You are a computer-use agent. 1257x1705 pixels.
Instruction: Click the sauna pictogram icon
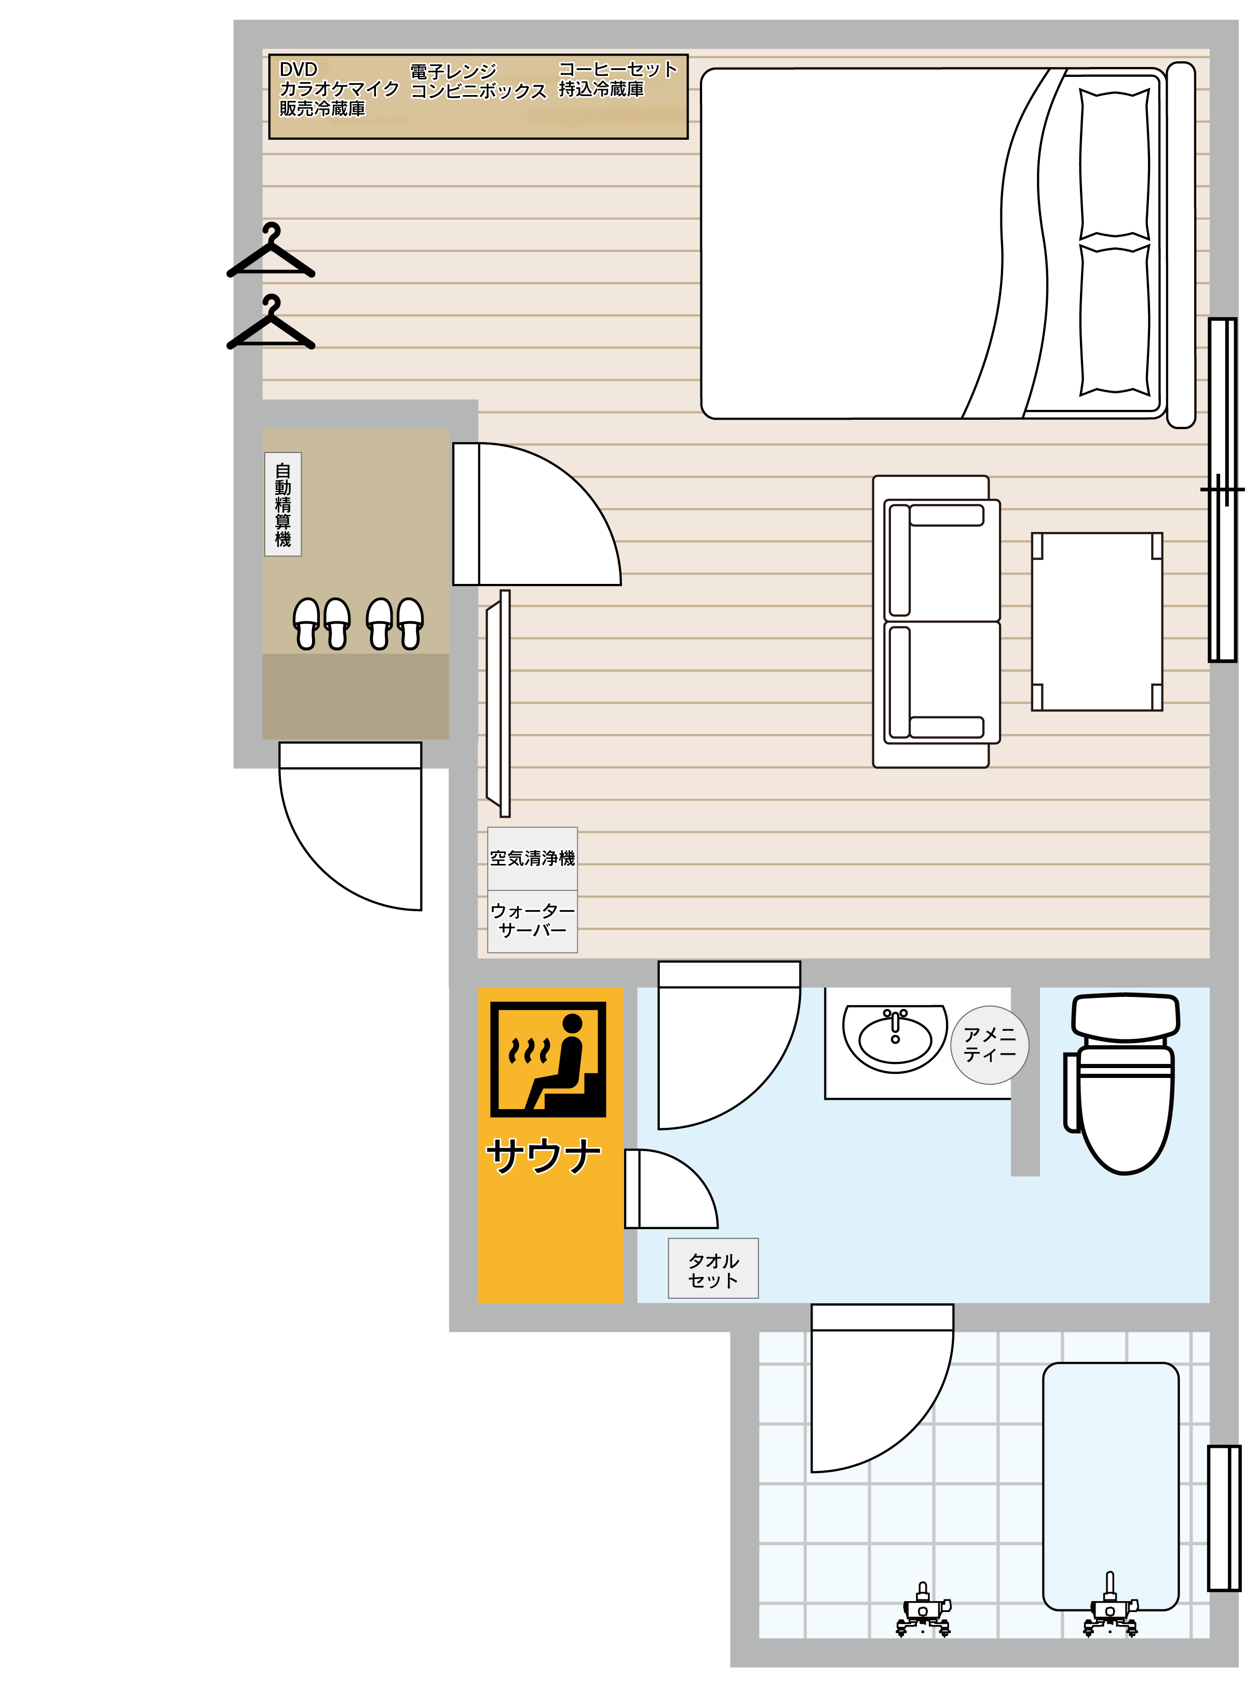click(x=548, y=1060)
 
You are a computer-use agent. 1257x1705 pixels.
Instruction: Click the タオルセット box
click(x=713, y=1268)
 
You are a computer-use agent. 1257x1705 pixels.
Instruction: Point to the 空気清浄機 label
click(x=533, y=859)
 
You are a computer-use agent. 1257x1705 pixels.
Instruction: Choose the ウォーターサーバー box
click(x=533, y=921)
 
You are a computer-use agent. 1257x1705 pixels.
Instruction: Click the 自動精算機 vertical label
click(x=283, y=504)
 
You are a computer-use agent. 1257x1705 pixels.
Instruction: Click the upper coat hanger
click(x=271, y=250)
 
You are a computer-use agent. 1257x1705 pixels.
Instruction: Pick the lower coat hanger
click(x=271, y=322)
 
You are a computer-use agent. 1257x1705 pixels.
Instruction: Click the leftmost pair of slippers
click(x=322, y=623)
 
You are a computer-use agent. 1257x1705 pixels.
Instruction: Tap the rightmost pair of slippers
click(x=396, y=623)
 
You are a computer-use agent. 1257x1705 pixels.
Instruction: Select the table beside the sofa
click(x=1097, y=622)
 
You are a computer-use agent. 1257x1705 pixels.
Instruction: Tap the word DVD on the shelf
click(x=298, y=69)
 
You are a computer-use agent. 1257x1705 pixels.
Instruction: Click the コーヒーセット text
click(x=618, y=69)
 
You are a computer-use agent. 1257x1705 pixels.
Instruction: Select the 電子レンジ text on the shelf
click(x=453, y=72)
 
